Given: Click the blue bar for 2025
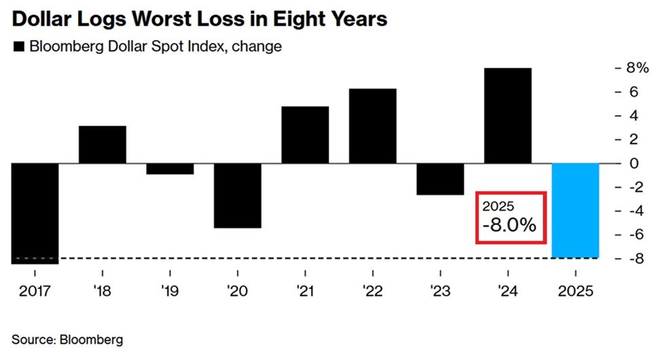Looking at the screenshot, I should tap(575, 211).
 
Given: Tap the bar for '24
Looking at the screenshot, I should tap(507, 115).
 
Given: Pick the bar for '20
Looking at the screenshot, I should tap(238, 196).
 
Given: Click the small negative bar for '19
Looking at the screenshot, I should tap(170, 168).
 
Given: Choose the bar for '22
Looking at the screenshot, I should tap(372, 126).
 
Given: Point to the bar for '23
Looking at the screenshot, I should tap(440, 179).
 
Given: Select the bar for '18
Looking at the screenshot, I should tap(103, 145).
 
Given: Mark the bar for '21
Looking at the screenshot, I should tap(305, 134).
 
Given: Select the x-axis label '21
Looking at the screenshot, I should tap(305, 291).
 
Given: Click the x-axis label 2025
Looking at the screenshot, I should tap(576, 291).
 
